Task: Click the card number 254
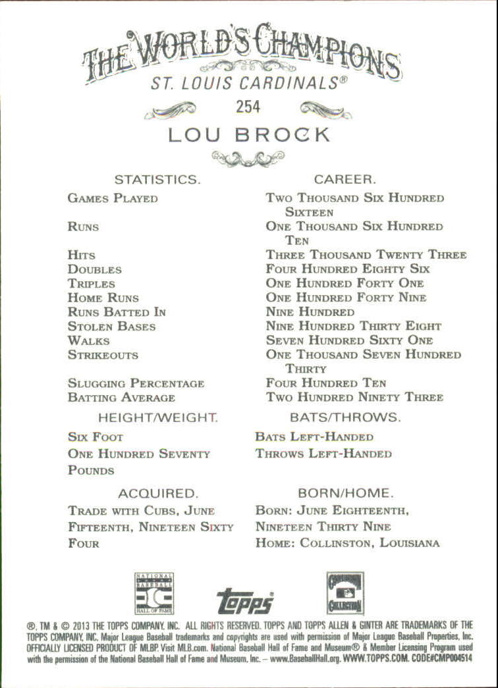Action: click(x=248, y=106)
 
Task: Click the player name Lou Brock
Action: click(x=248, y=135)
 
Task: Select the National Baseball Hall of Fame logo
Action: click(x=153, y=593)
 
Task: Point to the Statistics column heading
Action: click(x=157, y=179)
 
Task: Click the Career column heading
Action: click(x=345, y=179)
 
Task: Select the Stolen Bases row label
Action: click(x=111, y=327)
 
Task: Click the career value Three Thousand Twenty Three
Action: click(x=366, y=255)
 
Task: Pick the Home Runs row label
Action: click(x=103, y=298)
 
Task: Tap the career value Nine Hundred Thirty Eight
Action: click(x=353, y=327)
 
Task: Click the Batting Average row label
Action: click(x=121, y=398)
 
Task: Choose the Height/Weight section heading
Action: click(x=157, y=417)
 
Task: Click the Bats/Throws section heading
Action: click(x=345, y=417)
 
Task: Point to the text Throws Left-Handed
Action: click(x=323, y=454)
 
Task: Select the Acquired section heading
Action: click(x=157, y=493)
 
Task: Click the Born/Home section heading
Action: click(x=345, y=493)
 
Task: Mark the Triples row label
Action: click(x=91, y=284)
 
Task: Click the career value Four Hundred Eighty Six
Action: click(x=348, y=269)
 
